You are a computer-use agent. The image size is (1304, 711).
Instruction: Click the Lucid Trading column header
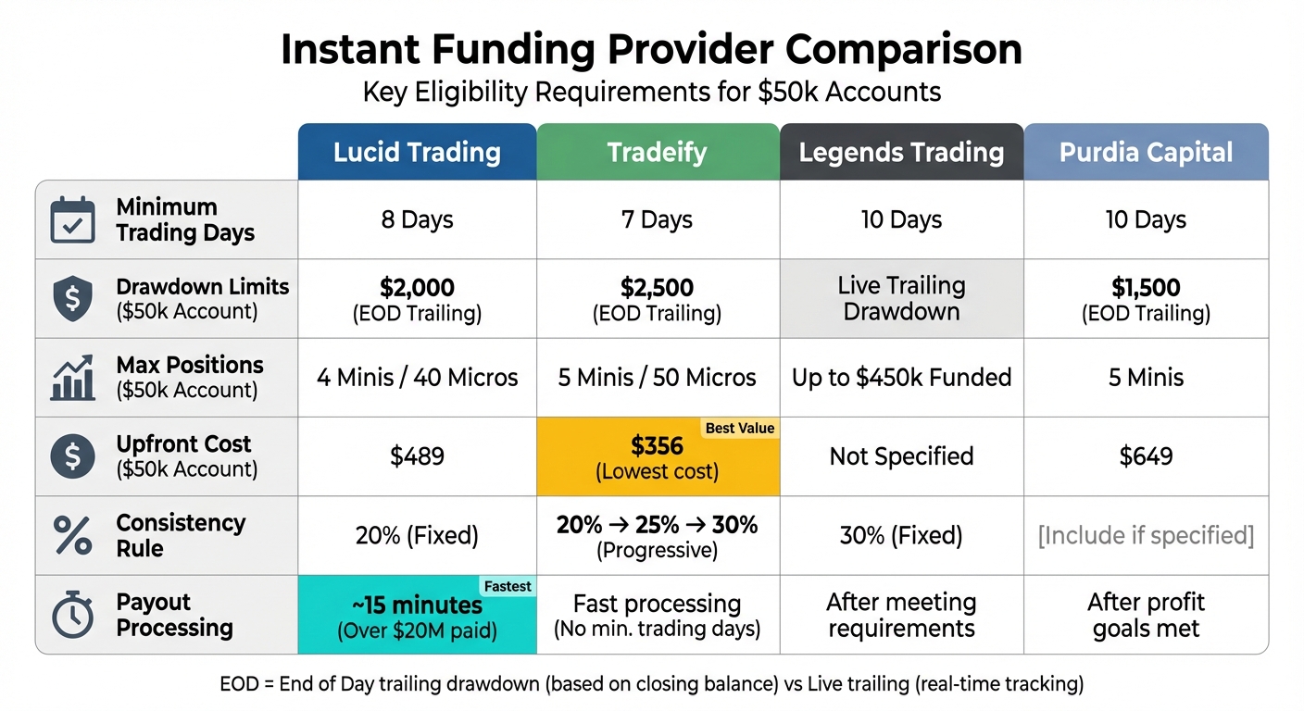pyautogui.click(x=417, y=152)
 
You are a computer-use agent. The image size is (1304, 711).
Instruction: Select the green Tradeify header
pyautogui.click(x=658, y=152)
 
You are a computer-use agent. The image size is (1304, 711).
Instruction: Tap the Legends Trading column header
pyautogui.click(x=901, y=152)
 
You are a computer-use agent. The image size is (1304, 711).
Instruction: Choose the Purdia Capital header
pyautogui.click(x=1146, y=152)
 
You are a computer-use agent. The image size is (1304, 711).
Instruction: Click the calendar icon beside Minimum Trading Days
pyautogui.click(x=72, y=220)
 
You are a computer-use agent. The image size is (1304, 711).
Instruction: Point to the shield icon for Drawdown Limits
pyautogui.click(x=72, y=299)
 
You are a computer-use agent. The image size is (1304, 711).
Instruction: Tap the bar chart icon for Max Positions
pyautogui.click(x=72, y=378)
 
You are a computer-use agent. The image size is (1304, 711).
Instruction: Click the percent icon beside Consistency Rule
pyautogui.click(x=72, y=535)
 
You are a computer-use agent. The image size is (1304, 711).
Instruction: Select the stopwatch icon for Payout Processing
pyautogui.click(x=72, y=615)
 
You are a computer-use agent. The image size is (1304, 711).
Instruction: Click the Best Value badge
pyautogui.click(x=740, y=428)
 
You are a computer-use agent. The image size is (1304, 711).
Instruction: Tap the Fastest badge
pyautogui.click(x=507, y=586)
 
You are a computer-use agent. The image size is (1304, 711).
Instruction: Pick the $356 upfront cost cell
pyautogui.click(x=658, y=456)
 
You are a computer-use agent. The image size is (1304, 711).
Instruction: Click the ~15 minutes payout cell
pyautogui.click(x=417, y=616)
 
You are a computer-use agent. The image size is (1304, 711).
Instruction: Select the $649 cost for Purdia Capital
pyautogui.click(x=1146, y=456)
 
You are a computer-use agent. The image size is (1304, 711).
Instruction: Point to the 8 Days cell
pyautogui.click(x=417, y=220)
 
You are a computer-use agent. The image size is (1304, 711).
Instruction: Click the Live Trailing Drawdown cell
pyautogui.click(x=901, y=298)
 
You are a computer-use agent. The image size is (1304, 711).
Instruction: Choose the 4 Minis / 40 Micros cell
pyautogui.click(x=417, y=378)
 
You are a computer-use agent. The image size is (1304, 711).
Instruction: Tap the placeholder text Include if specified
pyautogui.click(x=1146, y=535)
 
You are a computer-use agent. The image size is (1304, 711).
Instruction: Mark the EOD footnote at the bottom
pyautogui.click(x=651, y=684)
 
